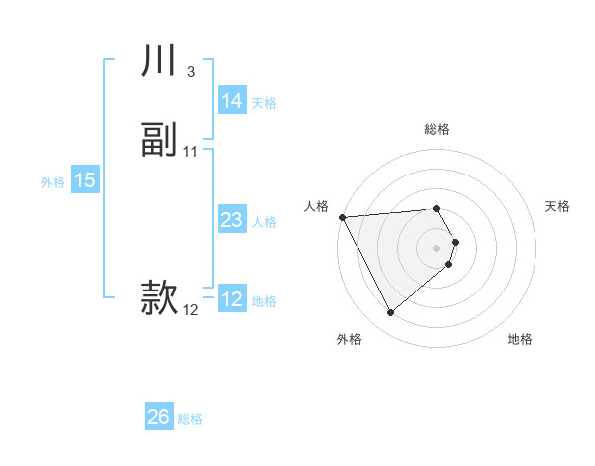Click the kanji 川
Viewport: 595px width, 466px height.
click(159, 62)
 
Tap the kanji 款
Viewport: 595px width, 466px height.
click(159, 298)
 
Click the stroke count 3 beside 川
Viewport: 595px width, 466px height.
click(190, 72)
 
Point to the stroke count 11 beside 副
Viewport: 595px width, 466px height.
click(191, 151)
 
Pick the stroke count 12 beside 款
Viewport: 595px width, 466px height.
click(191, 309)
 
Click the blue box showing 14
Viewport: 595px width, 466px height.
click(232, 101)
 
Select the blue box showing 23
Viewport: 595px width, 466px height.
click(232, 220)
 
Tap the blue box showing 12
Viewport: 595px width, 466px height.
click(232, 299)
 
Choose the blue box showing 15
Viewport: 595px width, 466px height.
click(84, 180)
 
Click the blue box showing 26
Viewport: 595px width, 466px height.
click(159, 417)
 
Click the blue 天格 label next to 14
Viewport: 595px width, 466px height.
click(264, 102)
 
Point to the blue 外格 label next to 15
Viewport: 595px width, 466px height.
click(53, 181)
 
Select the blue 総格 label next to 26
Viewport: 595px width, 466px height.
click(190, 419)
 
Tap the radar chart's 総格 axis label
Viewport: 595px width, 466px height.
click(437, 129)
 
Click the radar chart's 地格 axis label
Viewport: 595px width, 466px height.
click(520, 339)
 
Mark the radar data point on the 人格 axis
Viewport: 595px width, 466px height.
click(342, 217)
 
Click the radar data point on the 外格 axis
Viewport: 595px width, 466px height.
click(390, 313)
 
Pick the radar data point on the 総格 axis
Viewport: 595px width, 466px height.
click(437, 208)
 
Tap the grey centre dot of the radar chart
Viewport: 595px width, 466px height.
click(437, 247)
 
